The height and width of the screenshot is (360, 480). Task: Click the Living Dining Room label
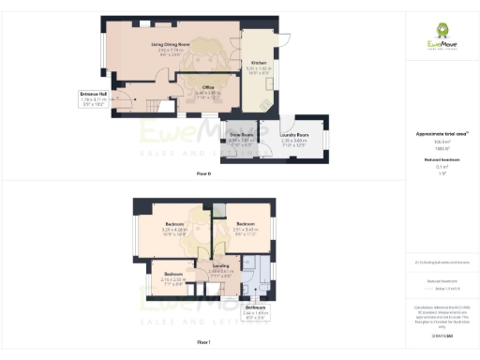(x=171, y=44)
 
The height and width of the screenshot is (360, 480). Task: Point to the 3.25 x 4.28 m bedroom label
(x=174, y=224)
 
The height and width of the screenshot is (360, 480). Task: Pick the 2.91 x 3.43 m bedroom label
(x=245, y=224)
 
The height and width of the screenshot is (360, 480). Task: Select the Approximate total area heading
(x=441, y=135)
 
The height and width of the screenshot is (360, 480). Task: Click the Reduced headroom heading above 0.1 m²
(x=441, y=160)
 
